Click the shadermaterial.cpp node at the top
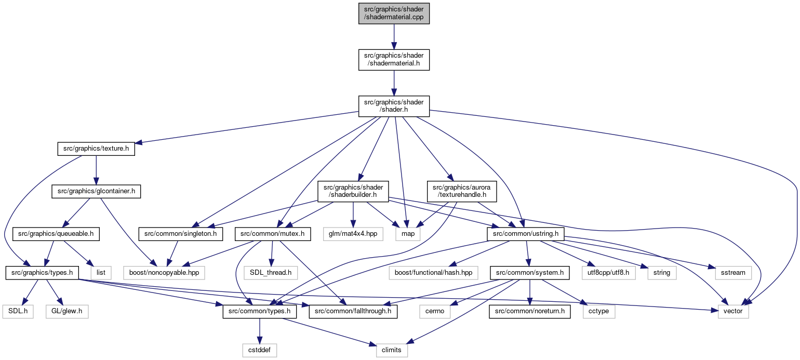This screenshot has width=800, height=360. [394, 13]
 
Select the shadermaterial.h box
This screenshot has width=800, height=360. [394, 60]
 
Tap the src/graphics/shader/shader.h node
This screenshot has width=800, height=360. [394, 106]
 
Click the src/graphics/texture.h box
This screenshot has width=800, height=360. [96, 149]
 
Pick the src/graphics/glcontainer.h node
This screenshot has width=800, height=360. [96, 191]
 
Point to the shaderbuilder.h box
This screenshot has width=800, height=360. [353, 191]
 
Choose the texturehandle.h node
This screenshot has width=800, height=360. [461, 191]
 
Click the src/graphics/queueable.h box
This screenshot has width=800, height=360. [56, 234]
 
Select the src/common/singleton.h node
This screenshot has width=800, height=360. [181, 234]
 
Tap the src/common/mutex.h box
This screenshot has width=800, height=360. [273, 234]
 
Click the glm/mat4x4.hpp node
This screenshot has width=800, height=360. [353, 234]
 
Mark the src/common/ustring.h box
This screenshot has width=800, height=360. [526, 234]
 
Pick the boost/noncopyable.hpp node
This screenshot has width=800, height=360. [164, 273]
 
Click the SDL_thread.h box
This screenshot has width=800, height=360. [271, 273]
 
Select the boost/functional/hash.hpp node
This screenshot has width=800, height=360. [434, 273]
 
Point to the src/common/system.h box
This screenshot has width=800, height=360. [530, 273]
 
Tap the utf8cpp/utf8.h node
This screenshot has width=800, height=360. [609, 273]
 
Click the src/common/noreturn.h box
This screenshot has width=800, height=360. [530, 312]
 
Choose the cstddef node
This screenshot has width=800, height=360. [260, 350]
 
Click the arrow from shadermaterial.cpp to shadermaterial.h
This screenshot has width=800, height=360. [394, 37]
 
